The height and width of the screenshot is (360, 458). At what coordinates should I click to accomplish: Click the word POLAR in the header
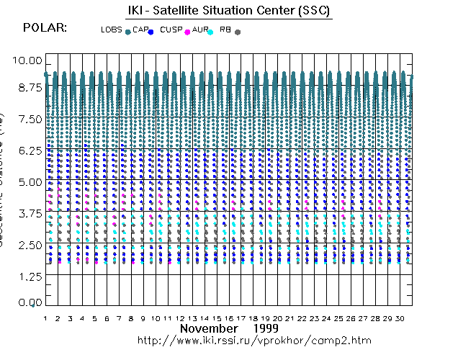[45, 27]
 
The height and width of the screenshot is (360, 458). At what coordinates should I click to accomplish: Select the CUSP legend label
[171, 30]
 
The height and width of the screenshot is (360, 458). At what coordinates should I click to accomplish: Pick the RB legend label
[226, 30]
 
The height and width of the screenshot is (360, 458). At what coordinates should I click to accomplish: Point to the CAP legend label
[140, 30]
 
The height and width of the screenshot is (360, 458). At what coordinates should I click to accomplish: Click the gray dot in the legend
[238, 32]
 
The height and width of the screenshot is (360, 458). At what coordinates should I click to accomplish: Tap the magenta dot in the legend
[187, 32]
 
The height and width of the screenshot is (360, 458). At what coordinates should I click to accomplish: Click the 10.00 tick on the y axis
[29, 60]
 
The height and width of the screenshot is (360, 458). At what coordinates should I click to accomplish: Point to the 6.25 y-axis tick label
[29, 150]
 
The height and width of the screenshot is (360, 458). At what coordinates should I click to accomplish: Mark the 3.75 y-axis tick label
[29, 213]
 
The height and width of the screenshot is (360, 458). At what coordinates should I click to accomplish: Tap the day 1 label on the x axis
[45, 318]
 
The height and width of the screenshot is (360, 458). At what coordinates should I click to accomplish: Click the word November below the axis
[208, 328]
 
